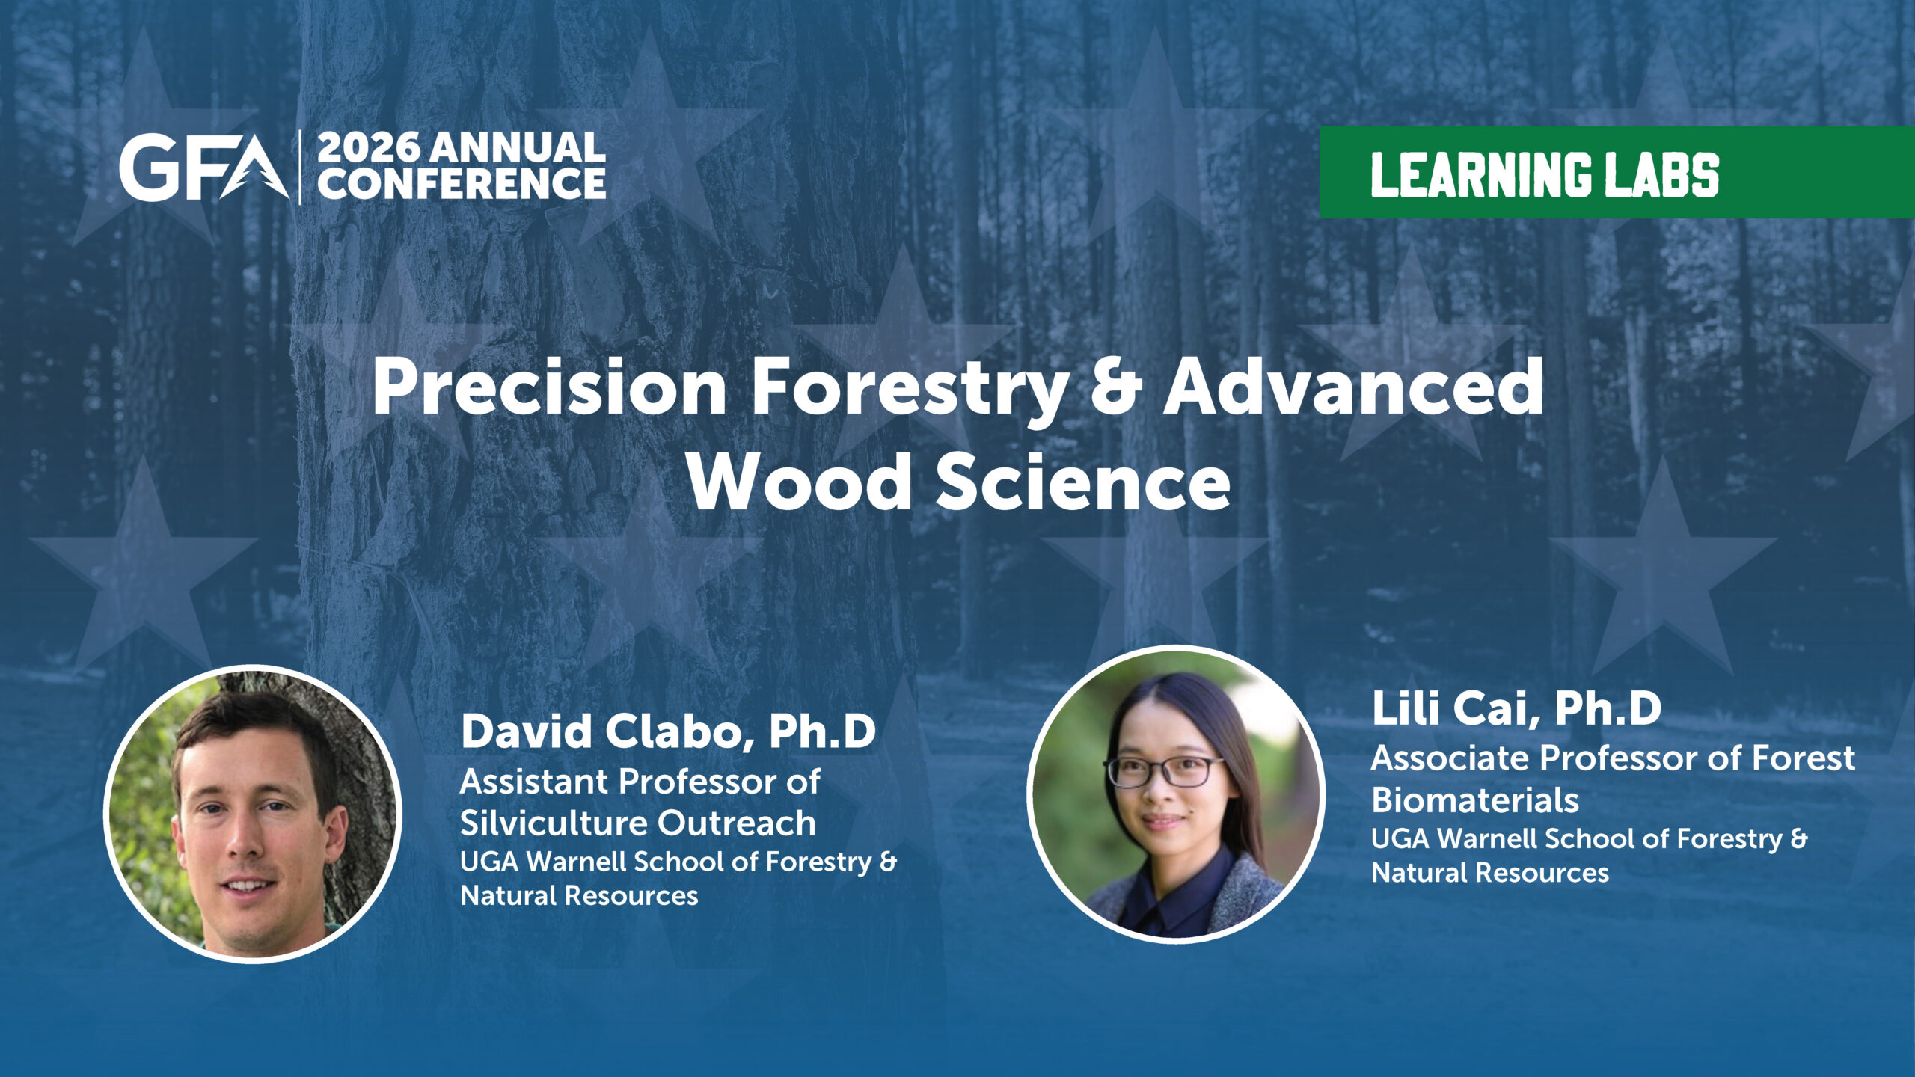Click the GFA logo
204,168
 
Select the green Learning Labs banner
1617,173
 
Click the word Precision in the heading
549,387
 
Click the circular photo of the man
253,814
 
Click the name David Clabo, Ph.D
668,731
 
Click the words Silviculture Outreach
637,823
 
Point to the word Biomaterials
1475,800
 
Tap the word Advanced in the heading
1353,387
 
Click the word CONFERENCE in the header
462,183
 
